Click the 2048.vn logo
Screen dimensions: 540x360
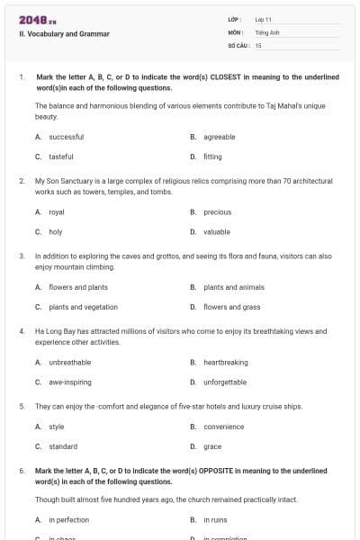coord(37,19)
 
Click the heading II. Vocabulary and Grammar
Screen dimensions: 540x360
coord(64,34)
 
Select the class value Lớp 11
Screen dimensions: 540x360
coord(264,19)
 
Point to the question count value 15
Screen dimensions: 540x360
coord(258,44)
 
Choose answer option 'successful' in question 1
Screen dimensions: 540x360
coord(66,137)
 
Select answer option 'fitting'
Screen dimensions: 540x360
coord(212,156)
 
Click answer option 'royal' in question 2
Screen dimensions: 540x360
coord(57,211)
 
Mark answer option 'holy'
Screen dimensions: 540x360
coord(56,231)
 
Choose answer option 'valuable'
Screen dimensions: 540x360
coord(217,231)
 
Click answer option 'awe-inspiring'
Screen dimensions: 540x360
coord(69,382)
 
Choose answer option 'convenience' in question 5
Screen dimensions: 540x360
coord(223,427)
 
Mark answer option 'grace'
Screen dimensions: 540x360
coord(212,445)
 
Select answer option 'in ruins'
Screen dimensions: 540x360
coord(216,520)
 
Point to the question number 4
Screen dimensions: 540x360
coord(22,330)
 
